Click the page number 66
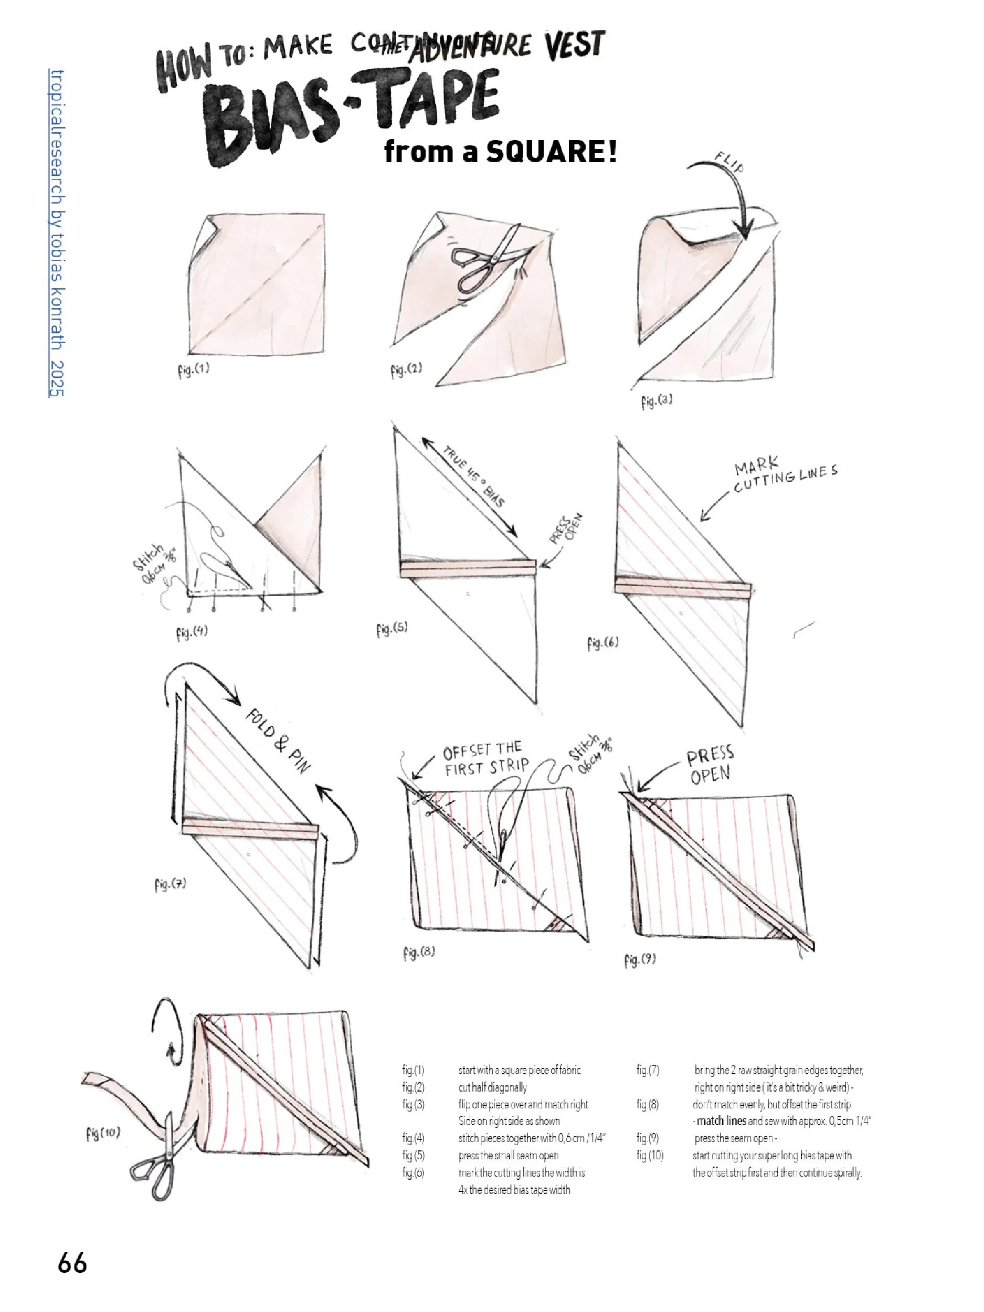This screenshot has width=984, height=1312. point(72,1263)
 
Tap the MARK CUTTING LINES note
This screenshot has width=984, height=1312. point(785,477)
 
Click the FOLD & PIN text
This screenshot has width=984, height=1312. point(278,740)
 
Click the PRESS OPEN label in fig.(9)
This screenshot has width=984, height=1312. point(710,765)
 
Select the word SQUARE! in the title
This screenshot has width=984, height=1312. point(551,152)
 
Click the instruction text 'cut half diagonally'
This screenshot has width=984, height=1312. point(492,1087)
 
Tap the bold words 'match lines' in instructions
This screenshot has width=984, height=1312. point(721,1121)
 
